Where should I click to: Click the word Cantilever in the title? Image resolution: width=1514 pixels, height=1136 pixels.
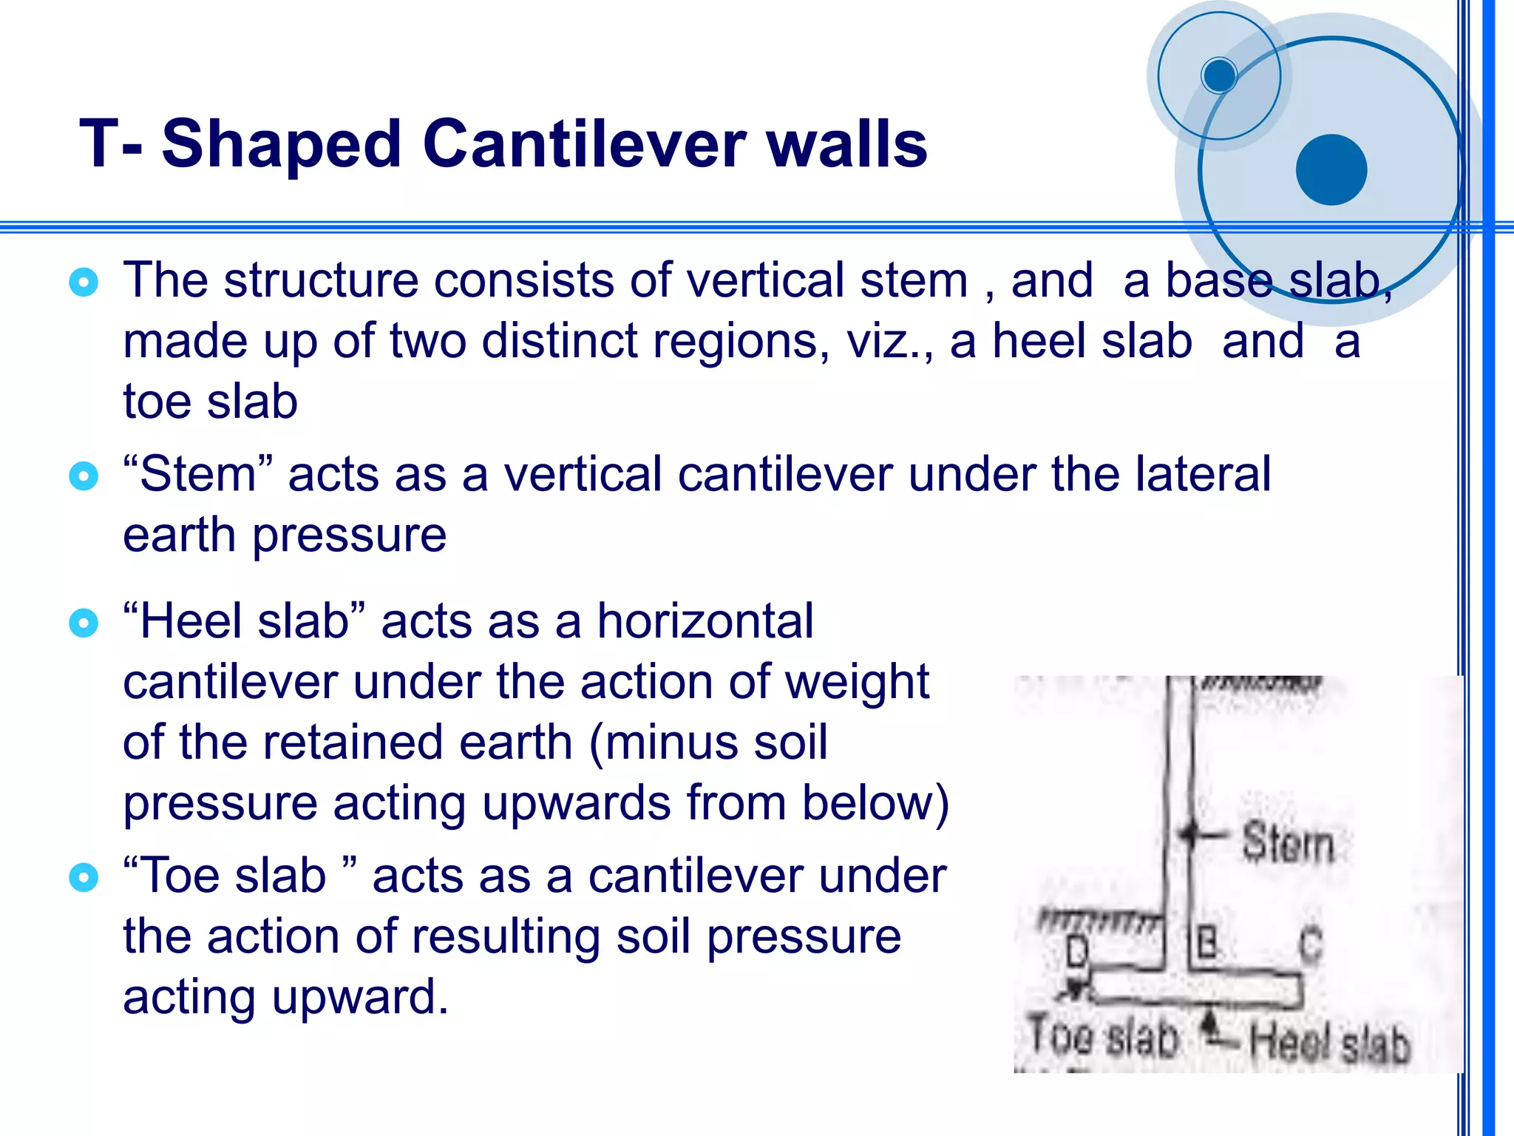pyautogui.click(x=584, y=143)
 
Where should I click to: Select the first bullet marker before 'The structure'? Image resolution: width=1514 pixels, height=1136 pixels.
pyautogui.click(x=83, y=282)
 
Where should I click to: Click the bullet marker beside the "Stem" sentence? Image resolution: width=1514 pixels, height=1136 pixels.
pyautogui.click(x=83, y=476)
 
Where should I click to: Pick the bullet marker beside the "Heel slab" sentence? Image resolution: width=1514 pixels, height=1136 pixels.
pyautogui.click(x=83, y=623)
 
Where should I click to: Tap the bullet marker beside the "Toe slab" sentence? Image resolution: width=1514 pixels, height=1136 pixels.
pyautogui.click(x=83, y=877)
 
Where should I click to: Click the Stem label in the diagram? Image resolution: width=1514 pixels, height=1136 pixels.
pyautogui.click(x=1288, y=842)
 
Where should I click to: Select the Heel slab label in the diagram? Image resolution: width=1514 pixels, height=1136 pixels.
pyautogui.click(x=1329, y=1043)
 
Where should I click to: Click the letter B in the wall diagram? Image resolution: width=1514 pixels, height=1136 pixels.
pyautogui.click(x=1206, y=944)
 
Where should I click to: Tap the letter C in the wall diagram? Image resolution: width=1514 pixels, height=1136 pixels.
pyautogui.click(x=1311, y=944)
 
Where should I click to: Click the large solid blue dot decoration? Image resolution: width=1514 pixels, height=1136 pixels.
pyautogui.click(x=1331, y=169)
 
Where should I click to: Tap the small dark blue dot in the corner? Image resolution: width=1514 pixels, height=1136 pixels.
pyautogui.click(x=1219, y=75)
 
